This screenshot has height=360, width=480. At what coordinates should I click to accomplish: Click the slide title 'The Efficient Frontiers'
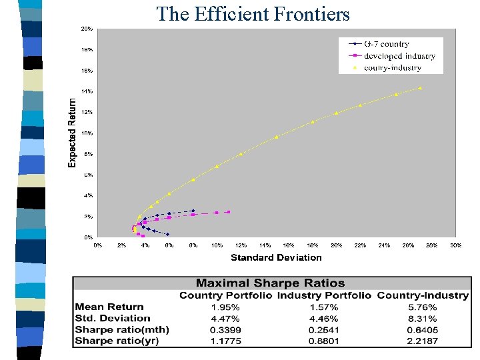[x=253, y=13]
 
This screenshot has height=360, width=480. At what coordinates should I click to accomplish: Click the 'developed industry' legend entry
[x=399, y=56]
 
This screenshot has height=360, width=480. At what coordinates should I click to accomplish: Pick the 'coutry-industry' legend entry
[x=393, y=67]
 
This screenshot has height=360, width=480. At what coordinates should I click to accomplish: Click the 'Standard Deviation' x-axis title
[x=276, y=257]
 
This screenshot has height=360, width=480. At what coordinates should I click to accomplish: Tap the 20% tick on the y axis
[x=87, y=29]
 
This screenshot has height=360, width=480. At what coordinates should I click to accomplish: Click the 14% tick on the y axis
[x=87, y=91]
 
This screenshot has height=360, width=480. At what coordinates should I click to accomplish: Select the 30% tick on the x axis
[x=456, y=245]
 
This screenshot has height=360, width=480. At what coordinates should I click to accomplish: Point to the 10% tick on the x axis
[x=217, y=245]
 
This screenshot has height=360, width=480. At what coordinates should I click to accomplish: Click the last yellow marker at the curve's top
[x=420, y=88]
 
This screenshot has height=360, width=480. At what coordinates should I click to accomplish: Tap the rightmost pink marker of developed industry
[x=229, y=212]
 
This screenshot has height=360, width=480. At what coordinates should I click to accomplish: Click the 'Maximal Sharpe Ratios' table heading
[x=270, y=283]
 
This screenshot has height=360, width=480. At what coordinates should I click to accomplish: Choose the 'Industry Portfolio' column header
[x=324, y=295]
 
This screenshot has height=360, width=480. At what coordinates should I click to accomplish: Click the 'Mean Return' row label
[x=109, y=307]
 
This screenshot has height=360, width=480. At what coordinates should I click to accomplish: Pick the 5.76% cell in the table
[x=423, y=307]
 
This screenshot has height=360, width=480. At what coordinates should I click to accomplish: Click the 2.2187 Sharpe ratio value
[x=423, y=341]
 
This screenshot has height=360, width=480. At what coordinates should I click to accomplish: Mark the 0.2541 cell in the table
[x=323, y=330]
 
